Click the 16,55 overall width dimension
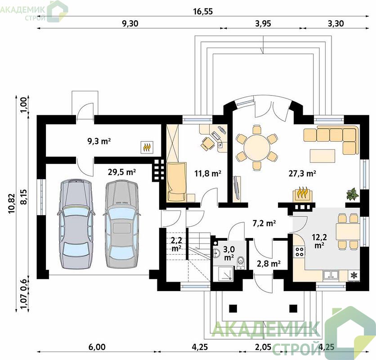pyautogui.click(x=203, y=11)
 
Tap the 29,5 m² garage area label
pyautogui.click(x=122, y=172)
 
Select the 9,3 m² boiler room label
pyautogui.click(x=99, y=141)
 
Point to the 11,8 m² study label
pyautogui.click(x=208, y=173)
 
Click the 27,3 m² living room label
pyautogui.click(x=302, y=173)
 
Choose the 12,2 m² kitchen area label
pyautogui.click(x=319, y=241)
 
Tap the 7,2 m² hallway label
pyautogui.click(x=264, y=223)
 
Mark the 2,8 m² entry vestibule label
pyautogui.click(x=269, y=264)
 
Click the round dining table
pyautogui.click(x=257, y=147)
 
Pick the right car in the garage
pyautogui.click(x=122, y=224)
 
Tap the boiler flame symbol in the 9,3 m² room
pyautogui.click(x=147, y=147)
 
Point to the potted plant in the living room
pyautogui.click(x=353, y=193)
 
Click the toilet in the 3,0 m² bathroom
pyautogui.click(x=240, y=262)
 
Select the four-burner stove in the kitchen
pyautogui.click(x=299, y=251)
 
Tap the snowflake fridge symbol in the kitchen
pyautogui.click(x=354, y=275)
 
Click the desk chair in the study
pyautogui.click(x=207, y=143)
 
